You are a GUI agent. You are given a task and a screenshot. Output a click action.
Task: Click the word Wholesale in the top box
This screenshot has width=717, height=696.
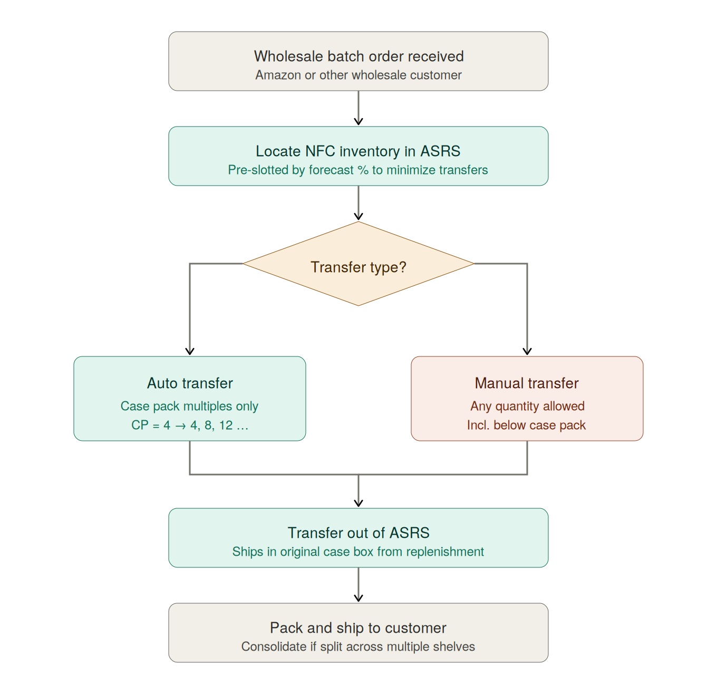tap(288, 56)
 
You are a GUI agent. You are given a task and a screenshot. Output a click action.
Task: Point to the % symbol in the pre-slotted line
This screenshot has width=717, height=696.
tap(363, 170)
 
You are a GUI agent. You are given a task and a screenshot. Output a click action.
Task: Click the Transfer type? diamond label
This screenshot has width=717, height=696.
tap(358, 267)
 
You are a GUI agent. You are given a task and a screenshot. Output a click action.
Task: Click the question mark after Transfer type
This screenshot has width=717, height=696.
tap(402, 267)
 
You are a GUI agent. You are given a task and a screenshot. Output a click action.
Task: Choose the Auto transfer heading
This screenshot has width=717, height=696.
tap(190, 383)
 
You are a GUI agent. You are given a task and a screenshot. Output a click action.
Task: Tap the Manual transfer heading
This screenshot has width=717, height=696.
tap(527, 383)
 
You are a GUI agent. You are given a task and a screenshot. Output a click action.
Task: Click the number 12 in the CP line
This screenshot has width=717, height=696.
tap(226, 425)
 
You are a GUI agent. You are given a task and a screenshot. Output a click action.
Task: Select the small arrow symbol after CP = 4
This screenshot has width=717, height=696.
tap(180, 426)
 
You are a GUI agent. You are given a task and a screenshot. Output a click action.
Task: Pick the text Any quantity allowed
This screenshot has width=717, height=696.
tap(527, 406)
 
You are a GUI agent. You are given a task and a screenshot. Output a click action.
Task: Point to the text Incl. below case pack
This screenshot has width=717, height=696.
tap(526, 425)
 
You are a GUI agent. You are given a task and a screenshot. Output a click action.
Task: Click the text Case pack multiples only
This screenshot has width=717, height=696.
tap(189, 406)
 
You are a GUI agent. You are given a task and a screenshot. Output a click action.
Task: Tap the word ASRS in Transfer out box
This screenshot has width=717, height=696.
tap(409, 533)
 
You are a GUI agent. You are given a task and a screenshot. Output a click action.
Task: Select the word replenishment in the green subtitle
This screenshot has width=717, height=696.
tap(445, 552)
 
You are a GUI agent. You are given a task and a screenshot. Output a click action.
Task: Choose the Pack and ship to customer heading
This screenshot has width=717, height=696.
tap(358, 628)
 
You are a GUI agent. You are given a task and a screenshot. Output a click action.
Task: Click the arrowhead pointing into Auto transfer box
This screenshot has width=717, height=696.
tap(190, 351)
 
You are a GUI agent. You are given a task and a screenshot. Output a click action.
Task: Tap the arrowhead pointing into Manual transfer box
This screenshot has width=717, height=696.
tap(527, 351)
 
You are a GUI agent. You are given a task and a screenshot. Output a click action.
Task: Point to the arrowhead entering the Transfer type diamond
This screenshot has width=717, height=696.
tap(358, 216)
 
